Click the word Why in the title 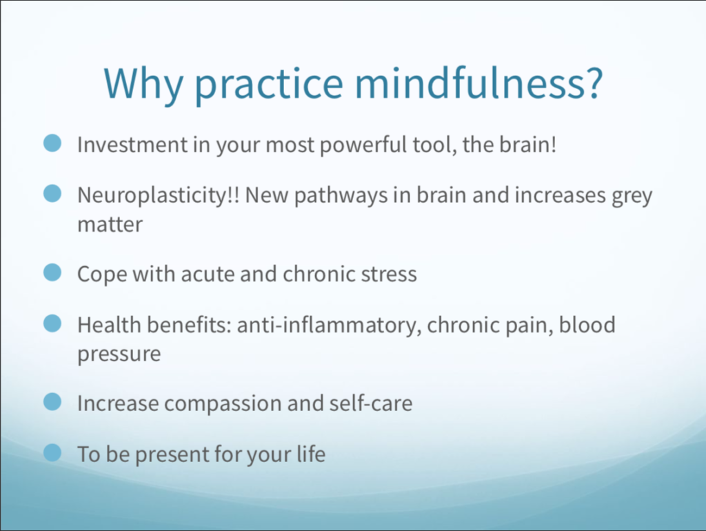coord(143,83)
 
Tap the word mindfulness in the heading coord(478,83)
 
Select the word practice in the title coord(269,85)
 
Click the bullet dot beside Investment coord(52,143)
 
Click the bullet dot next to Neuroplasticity coord(52,194)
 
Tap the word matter coord(110,224)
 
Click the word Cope coord(102,274)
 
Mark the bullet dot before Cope coord(52,272)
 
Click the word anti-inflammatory coord(330,326)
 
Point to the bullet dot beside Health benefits coord(52,323)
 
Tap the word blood coord(587,324)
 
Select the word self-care coord(370,403)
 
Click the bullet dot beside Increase coord(52,402)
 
